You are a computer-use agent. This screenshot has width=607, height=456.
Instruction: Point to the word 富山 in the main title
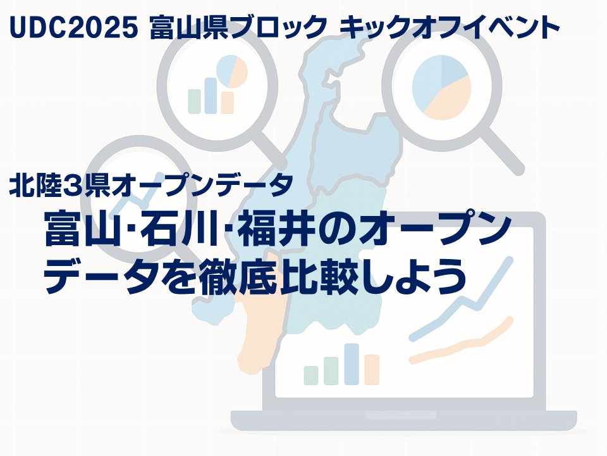click(82, 232)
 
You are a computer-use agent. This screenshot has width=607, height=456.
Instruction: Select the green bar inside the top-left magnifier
click(195, 101)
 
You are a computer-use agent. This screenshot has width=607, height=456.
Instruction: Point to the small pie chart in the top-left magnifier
click(231, 72)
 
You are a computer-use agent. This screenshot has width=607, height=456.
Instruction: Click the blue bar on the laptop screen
click(352, 364)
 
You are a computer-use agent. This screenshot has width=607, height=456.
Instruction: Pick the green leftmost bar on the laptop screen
click(310, 375)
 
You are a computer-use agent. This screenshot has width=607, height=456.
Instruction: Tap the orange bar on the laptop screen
click(372, 370)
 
